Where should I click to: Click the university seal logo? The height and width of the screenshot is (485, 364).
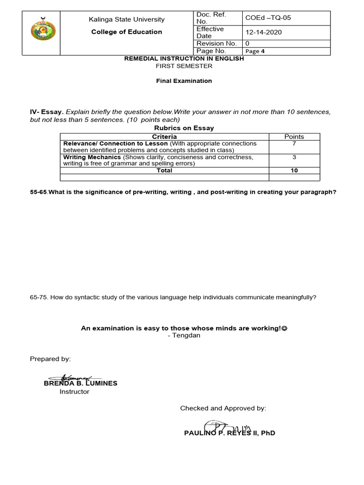click(43, 30)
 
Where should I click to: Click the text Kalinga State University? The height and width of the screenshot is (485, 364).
click(127, 19)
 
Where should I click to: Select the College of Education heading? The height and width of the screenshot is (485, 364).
click(127, 32)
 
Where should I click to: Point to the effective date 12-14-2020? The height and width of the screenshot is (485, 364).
click(263, 32)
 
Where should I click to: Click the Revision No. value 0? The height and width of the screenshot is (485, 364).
click(247, 43)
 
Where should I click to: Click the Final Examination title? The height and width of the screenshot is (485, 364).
click(184, 81)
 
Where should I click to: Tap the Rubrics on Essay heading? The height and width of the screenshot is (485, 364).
click(184, 128)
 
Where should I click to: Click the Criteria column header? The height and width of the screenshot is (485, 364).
click(164, 136)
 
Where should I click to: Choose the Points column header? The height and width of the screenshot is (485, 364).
click(294, 136)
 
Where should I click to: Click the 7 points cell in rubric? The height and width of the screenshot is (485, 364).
click(294, 144)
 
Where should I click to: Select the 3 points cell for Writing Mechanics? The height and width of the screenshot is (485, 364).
click(294, 157)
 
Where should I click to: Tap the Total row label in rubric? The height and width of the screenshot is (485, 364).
click(164, 171)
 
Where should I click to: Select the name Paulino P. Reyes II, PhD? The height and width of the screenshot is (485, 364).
click(229, 433)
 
